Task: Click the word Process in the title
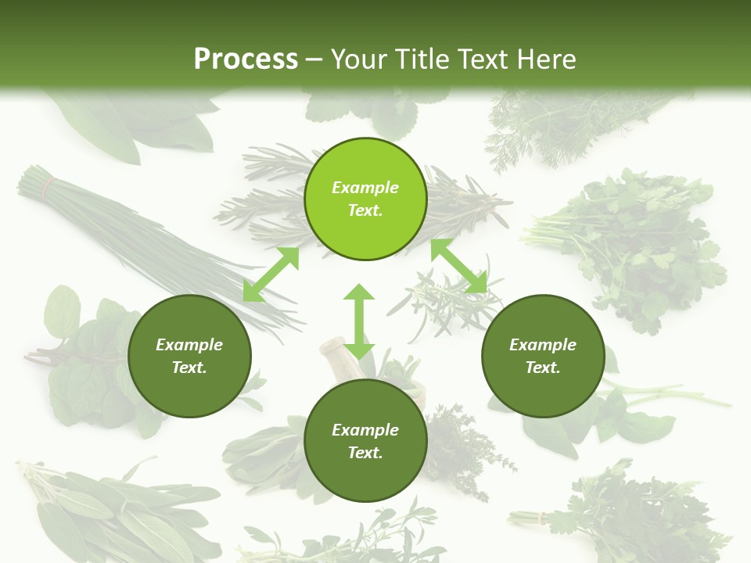tap(246, 59)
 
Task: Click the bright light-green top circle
tap(365, 199)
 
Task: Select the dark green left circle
tap(189, 356)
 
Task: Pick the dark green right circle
tap(543, 356)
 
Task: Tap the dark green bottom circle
tap(365, 441)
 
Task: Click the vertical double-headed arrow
tap(359, 321)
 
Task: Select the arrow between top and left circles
tap(271, 274)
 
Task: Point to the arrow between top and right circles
tap(458, 266)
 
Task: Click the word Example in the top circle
tap(365, 188)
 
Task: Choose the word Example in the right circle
tap(543, 345)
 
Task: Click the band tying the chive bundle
tap(49, 187)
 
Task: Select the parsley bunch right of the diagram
tap(634, 242)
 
